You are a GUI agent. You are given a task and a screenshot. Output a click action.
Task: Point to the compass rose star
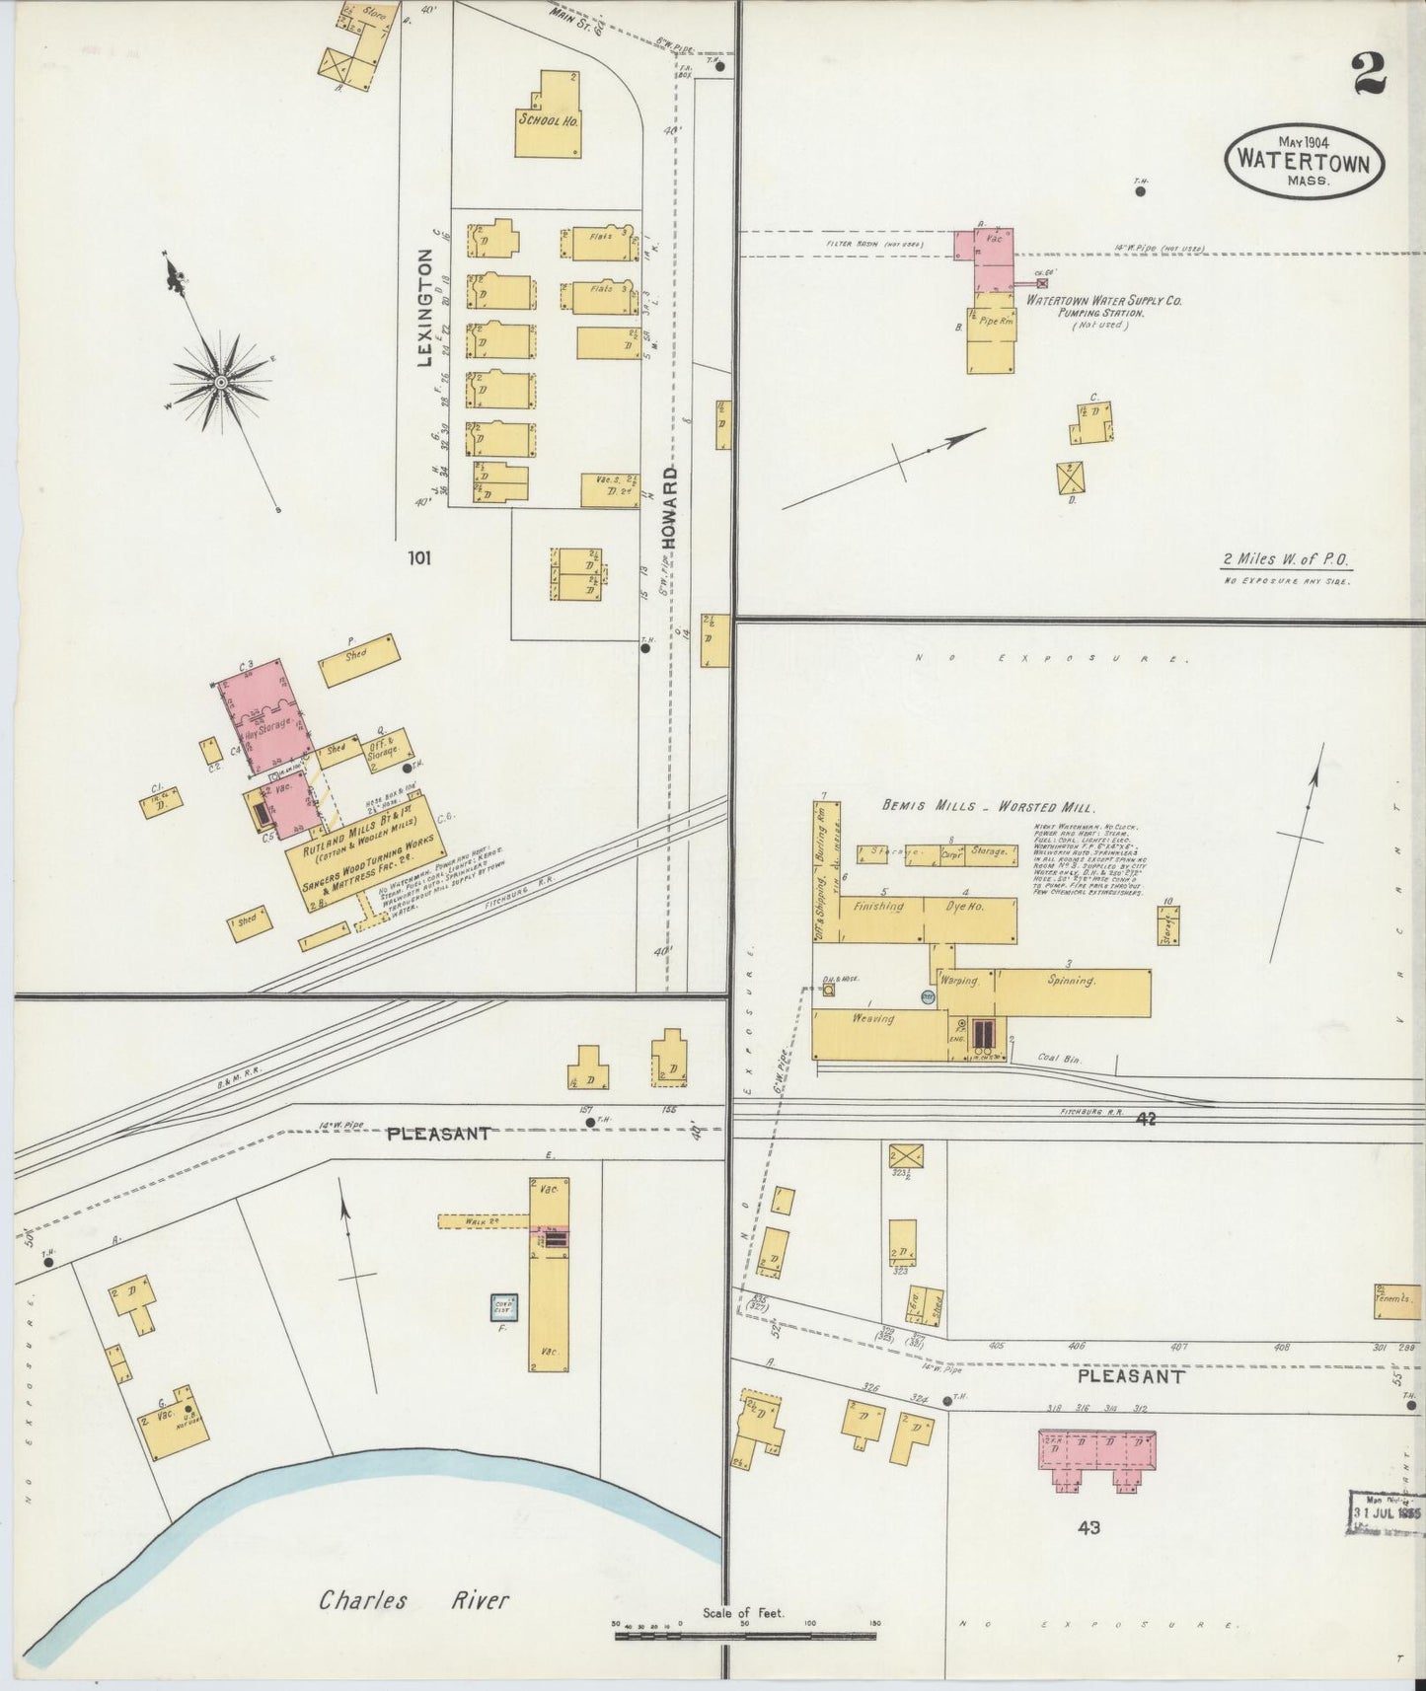[x=221, y=381]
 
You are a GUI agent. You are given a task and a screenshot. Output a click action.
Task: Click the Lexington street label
[x=424, y=308]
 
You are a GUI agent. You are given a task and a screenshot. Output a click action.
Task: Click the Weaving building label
[x=874, y=1018]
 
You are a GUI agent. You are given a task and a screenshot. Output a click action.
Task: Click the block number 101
[x=419, y=558]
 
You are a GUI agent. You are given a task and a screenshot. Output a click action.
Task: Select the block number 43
[x=1088, y=1527]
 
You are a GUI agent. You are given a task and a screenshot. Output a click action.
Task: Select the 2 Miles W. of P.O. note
[x=1286, y=559]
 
